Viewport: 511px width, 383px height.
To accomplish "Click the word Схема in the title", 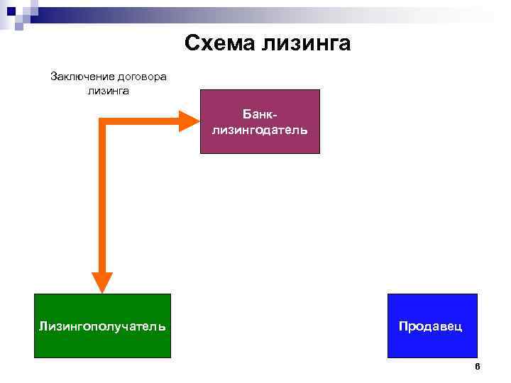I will pos(220,44).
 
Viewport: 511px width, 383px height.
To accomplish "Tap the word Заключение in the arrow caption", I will pos(80,77).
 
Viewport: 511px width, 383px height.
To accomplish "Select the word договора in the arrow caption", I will pos(141,77).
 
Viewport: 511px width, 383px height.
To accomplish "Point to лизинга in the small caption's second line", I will pos(108,90).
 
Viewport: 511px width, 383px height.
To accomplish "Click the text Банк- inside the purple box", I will pos(260,114).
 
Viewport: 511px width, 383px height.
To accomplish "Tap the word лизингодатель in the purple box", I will pos(260,129).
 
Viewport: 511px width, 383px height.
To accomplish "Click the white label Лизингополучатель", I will pos(103,326).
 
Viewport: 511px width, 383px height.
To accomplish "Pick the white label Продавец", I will pos(431,326).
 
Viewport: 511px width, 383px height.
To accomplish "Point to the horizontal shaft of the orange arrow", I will pos(142,121).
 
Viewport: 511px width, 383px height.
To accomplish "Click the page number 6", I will pos(478,367).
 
